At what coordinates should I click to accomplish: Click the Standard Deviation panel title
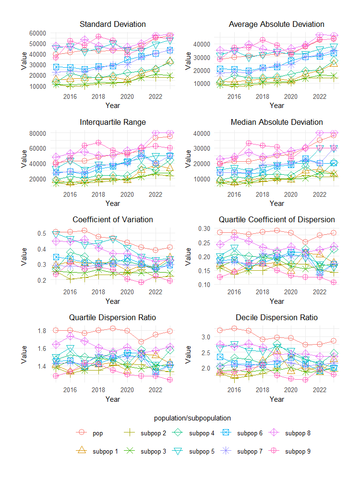113,24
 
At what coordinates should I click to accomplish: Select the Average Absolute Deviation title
276,24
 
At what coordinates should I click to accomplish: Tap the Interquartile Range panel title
113,122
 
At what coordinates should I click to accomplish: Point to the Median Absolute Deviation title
276,122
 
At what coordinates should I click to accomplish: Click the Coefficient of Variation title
113,219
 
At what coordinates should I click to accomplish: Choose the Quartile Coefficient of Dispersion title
276,219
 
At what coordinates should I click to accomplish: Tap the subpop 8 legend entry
298,433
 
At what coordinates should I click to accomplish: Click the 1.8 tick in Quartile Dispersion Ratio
41,331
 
